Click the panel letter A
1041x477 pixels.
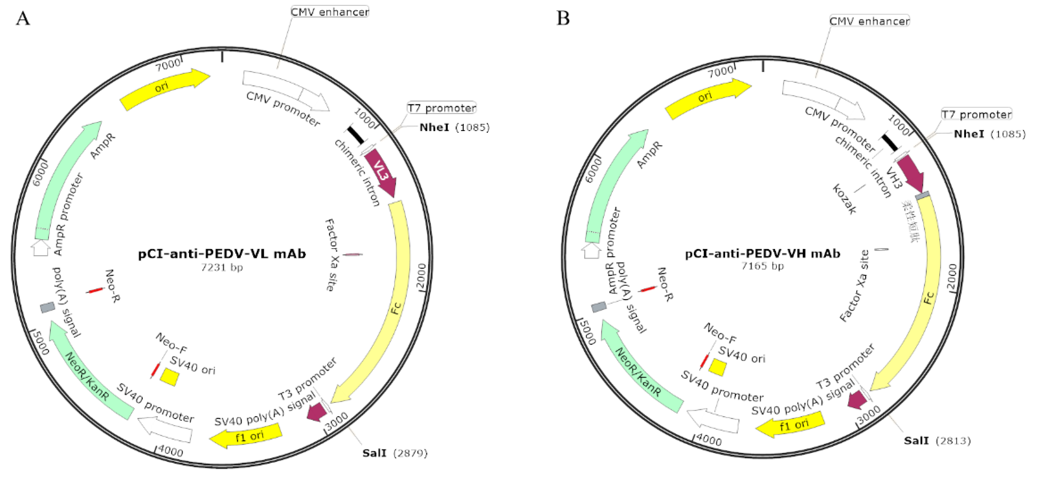point(23,18)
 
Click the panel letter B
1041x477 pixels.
point(563,18)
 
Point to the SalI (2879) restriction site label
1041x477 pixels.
point(394,453)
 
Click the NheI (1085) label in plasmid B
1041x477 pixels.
point(989,134)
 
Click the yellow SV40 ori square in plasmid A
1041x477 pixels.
point(170,377)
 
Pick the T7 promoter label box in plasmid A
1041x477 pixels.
point(442,108)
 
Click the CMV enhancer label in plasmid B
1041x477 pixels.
point(869,21)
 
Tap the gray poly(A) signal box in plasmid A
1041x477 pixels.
point(48,307)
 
